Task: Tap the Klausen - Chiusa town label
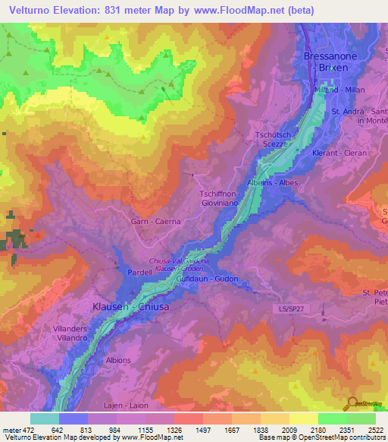click(130, 307)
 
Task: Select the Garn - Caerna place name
click(157, 222)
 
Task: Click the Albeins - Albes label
click(273, 183)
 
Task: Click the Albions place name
click(118, 360)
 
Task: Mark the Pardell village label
click(130, 270)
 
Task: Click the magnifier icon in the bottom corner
click(352, 403)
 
